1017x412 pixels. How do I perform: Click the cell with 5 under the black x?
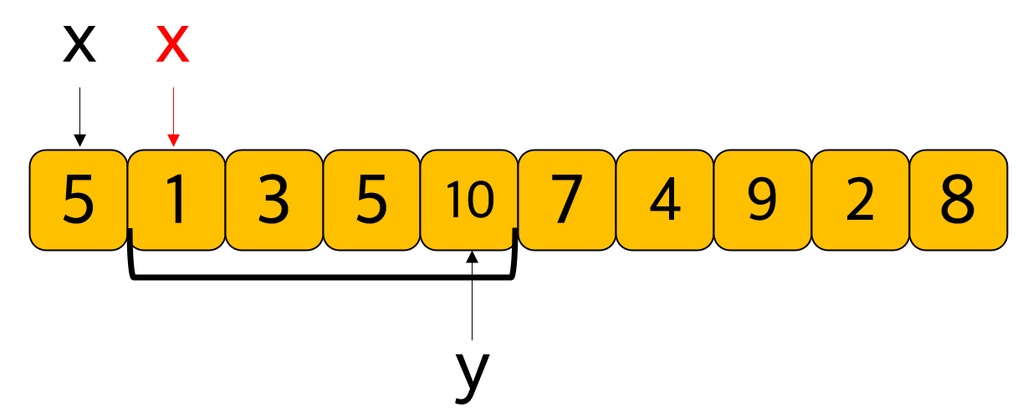[78, 200]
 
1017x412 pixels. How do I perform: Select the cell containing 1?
[176, 200]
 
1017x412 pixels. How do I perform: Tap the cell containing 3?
[273, 200]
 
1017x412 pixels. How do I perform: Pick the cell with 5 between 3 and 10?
[371, 200]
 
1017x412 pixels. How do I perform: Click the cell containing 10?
[469, 200]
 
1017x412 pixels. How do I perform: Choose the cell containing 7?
[567, 200]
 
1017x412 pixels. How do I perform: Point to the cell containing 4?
[665, 200]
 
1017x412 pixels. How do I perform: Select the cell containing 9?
[762, 200]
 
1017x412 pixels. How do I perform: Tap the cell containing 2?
[860, 200]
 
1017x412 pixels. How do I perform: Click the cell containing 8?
[958, 200]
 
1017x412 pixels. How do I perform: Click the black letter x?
[79, 46]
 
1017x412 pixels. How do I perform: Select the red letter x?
[173, 46]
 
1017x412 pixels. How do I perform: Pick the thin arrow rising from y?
[473, 301]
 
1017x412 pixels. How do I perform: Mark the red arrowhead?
[173, 140]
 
